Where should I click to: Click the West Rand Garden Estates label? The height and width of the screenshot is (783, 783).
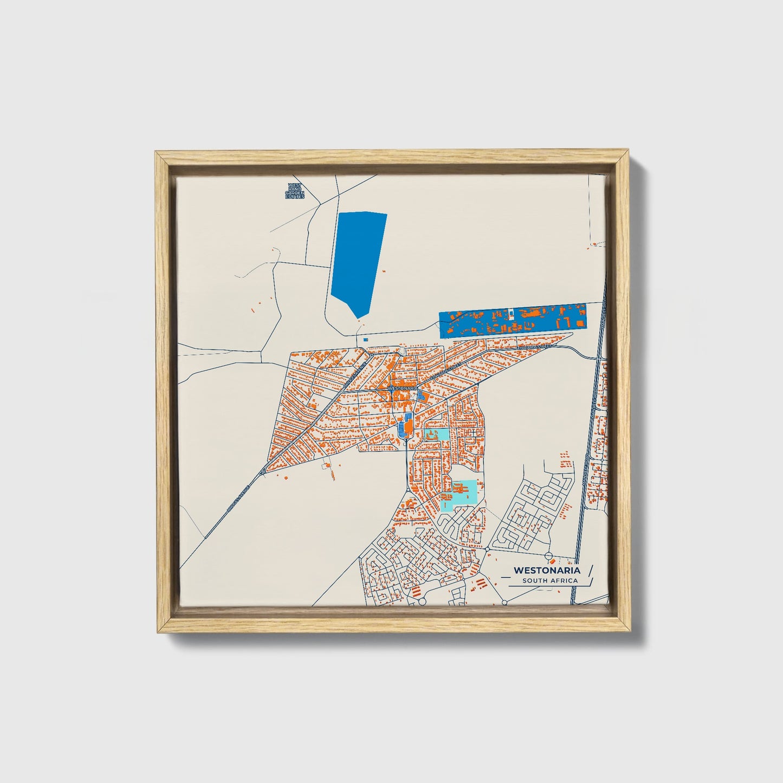[295, 191]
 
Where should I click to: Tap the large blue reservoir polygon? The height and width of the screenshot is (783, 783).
[358, 260]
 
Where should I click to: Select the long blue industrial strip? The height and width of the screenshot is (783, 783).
[512, 321]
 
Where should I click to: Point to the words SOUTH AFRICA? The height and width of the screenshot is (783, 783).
[550, 581]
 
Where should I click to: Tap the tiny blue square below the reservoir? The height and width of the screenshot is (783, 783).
[365, 340]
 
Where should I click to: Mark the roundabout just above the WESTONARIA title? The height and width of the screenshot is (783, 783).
[548, 555]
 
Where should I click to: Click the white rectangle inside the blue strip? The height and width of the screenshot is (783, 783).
[510, 313]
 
